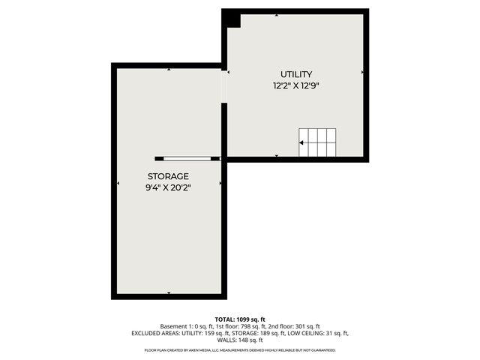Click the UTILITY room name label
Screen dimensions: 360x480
pos(296,74)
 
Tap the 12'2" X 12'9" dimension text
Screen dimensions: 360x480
pos(296,86)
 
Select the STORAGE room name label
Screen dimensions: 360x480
pos(168,175)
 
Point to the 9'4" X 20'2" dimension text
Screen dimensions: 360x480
pos(169,187)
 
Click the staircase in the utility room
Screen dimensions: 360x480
pos(317,142)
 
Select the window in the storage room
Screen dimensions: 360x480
pos(187,158)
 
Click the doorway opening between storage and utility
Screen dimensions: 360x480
pos(224,85)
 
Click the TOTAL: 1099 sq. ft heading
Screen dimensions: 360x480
pos(240,319)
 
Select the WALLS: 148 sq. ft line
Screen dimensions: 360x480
pos(240,340)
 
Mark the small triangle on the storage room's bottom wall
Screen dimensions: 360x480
pos(169,292)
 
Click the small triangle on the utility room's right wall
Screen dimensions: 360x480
pos(362,73)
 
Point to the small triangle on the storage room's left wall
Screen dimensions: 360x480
pos(118,183)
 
